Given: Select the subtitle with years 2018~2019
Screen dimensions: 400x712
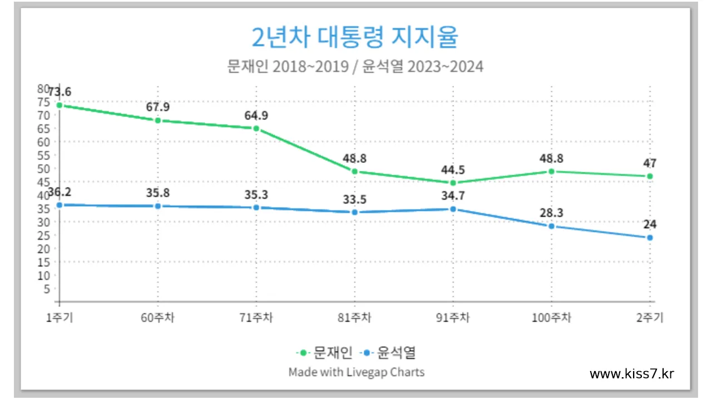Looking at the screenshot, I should click(355, 67).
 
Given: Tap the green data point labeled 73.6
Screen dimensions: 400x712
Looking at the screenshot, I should click(59, 105).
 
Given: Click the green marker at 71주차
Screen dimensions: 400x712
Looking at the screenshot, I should click(256, 128).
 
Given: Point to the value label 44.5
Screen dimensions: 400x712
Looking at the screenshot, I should click(453, 170).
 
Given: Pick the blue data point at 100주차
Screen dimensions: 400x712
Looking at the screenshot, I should click(551, 226).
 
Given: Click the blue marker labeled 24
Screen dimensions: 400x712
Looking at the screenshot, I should click(649, 238).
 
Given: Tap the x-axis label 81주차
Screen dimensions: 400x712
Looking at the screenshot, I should click(354, 318).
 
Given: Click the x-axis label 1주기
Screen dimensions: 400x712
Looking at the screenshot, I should click(60, 318).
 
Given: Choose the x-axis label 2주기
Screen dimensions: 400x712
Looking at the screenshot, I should click(649, 318).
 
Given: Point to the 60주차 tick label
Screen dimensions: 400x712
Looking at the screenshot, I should click(157, 318).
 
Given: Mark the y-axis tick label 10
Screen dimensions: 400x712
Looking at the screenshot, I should click(43, 275).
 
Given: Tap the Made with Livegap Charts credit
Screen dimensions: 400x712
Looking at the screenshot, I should click(356, 372).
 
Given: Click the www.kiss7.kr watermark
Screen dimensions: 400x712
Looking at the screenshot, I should click(632, 374).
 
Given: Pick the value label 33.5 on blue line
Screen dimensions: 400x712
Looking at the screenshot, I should click(354, 199).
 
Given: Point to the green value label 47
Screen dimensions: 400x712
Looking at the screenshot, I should click(649, 163).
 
